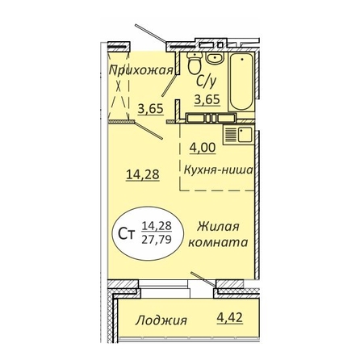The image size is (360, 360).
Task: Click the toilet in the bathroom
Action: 195,63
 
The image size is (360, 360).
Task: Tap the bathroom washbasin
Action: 215,58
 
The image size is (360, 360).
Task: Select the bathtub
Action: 241,82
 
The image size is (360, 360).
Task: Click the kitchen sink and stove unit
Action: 238,135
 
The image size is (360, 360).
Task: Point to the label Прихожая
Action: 141,70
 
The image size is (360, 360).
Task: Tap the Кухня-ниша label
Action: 218,170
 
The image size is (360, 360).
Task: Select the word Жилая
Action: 218,227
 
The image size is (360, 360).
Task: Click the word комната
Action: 218,243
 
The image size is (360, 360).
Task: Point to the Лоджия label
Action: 161,320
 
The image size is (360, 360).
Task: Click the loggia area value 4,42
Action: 230,317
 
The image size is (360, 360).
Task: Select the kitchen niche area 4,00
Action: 203,148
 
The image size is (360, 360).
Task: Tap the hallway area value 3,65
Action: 151,109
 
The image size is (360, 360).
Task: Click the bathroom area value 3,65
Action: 207,99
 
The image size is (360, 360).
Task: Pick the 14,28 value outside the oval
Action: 143,174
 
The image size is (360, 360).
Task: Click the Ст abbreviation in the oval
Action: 127,235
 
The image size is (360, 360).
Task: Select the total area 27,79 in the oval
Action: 157,239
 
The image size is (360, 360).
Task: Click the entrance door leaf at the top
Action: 151,34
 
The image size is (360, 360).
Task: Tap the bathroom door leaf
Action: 170,86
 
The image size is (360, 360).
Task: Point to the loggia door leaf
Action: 203,279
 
